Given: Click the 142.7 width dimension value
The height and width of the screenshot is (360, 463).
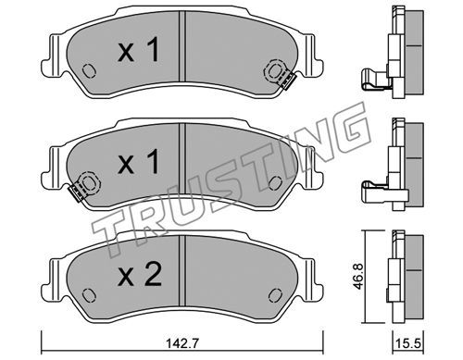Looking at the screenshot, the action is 182,343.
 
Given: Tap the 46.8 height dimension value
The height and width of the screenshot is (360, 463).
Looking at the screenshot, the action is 358,277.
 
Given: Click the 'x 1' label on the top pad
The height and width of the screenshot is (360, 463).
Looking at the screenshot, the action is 139,50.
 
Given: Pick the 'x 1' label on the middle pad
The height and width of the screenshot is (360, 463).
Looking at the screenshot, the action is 139,161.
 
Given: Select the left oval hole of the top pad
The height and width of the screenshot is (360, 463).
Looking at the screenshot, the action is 89,71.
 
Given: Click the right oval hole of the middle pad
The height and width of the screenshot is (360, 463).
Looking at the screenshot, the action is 275,183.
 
